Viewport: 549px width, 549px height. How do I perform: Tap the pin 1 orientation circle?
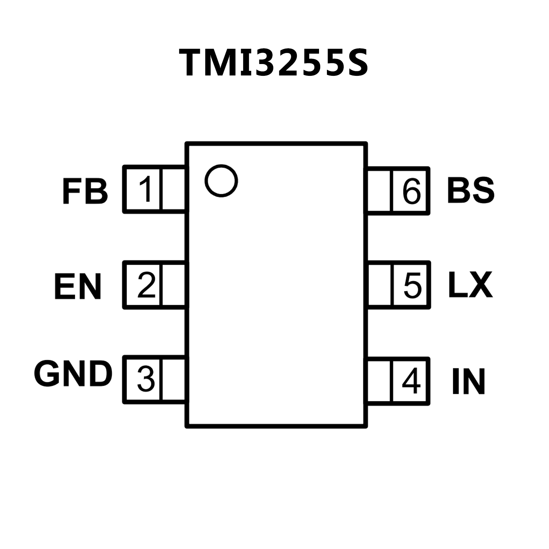221,181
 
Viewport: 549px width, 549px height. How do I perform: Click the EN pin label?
78,286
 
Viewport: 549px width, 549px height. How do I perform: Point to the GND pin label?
73,374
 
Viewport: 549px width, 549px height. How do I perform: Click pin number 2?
146,285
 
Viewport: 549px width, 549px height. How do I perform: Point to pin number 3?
146,379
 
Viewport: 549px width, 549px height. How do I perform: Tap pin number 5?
412,285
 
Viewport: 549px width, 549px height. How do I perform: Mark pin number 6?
411,191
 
